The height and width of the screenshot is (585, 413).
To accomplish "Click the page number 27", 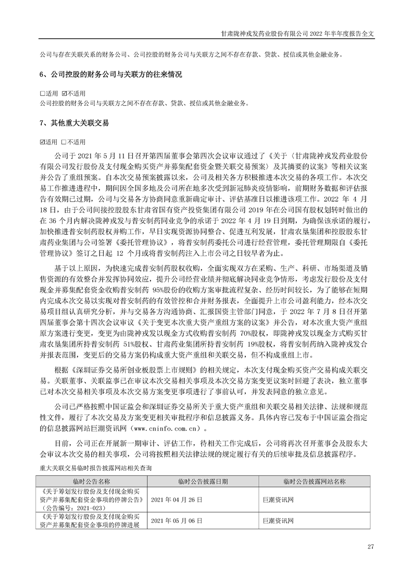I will click(x=371, y=546).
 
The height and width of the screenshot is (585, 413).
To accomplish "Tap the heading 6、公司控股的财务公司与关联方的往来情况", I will click(x=111, y=75).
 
